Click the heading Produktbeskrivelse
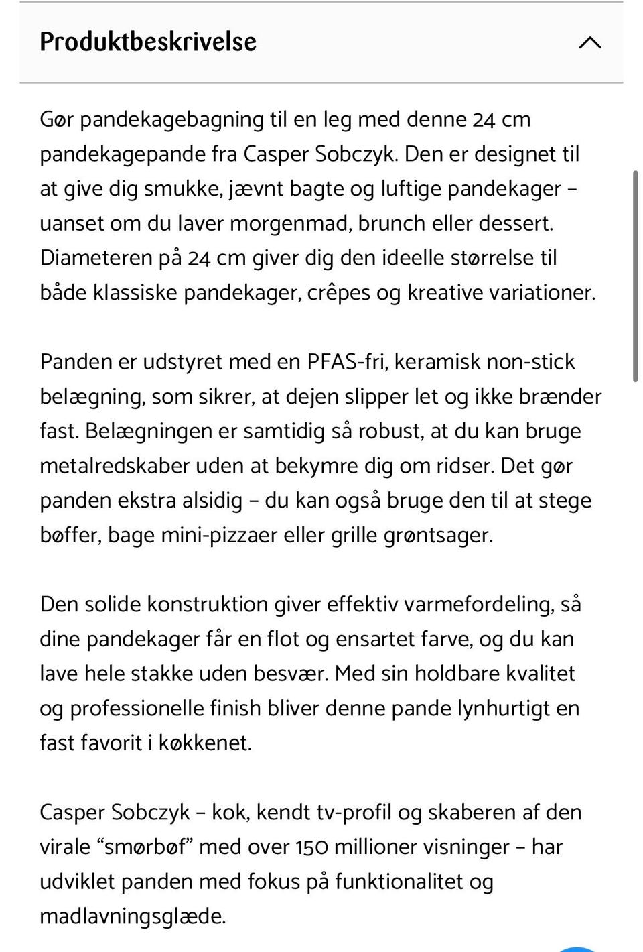pos(148,42)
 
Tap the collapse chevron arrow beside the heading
pos(589,43)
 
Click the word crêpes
pos(342,293)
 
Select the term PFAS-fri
pos(347,362)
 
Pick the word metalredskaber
pos(115,466)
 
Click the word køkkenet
pos(204,743)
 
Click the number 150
pos(311,847)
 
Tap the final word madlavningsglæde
pos(132,916)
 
